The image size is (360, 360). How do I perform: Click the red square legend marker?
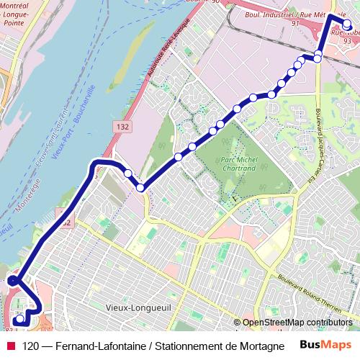pyautogui.click(x=10, y=346)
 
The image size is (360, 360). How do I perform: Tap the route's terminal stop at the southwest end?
pyautogui.click(x=18, y=320)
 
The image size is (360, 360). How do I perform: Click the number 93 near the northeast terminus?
pyautogui.click(x=348, y=41)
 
